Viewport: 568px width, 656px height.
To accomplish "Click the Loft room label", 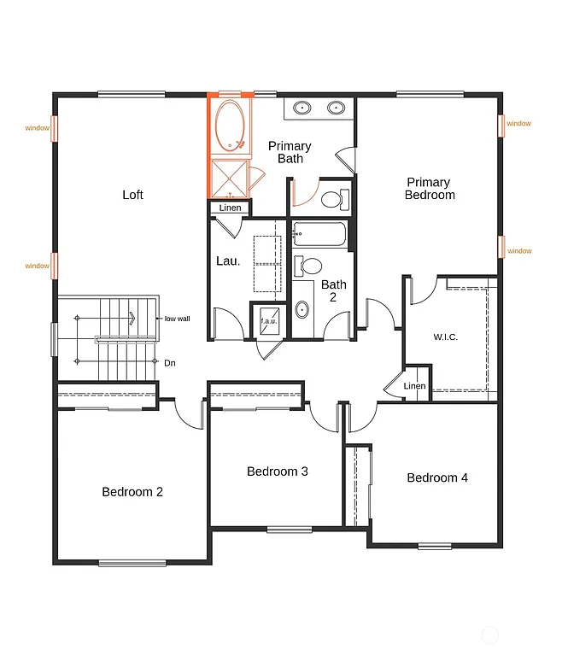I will click(132, 195).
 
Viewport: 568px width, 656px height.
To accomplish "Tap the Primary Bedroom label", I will click(430, 188).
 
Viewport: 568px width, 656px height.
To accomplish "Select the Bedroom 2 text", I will click(132, 492).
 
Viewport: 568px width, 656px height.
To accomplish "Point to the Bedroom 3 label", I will click(278, 471).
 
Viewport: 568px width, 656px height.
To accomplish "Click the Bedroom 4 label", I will click(437, 477).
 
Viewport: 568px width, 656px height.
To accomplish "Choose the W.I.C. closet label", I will click(445, 337).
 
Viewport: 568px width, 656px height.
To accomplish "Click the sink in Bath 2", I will click(303, 309).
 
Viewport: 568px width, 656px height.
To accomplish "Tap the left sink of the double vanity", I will click(302, 108).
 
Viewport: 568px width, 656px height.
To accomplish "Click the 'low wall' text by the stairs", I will click(177, 319).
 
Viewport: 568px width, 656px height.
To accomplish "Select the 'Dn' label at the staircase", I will click(170, 363).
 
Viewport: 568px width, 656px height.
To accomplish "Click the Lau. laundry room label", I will click(228, 261).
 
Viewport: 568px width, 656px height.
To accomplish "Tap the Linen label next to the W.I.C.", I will click(414, 386).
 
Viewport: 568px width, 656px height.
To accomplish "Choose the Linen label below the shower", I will click(231, 208).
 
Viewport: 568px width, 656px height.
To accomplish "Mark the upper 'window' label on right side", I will click(518, 123).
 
